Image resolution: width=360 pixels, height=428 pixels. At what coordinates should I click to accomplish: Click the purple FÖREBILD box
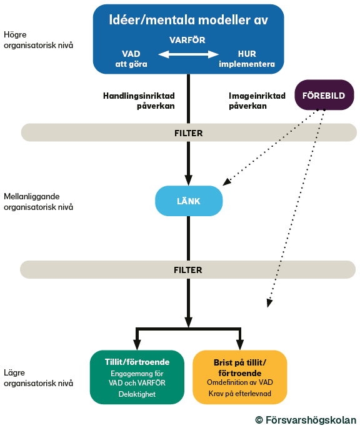pyautogui.click(x=324, y=95)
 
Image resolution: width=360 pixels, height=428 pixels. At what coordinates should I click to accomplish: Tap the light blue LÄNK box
pyautogui.click(x=189, y=201)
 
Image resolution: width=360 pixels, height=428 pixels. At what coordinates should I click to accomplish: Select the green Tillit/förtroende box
pyautogui.click(x=137, y=377)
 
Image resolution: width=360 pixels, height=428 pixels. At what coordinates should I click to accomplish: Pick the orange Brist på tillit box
pyautogui.click(x=240, y=377)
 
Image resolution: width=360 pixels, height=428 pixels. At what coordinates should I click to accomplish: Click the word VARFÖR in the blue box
pyautogui.click(x=187, y=40)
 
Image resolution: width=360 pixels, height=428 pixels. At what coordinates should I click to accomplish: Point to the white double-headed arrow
pyautogui.click(x=189, y=54)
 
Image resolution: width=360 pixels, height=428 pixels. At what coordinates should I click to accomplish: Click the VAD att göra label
pyautogui.click(x=131, y=59)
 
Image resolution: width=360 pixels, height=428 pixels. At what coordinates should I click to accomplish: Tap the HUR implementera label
pyautogui.click(x=247, y=59)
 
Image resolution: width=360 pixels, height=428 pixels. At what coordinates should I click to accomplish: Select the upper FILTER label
pyautogui.click(x=189, y=133)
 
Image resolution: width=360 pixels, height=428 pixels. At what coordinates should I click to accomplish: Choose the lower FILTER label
pyautogui.click(x=188, y=270)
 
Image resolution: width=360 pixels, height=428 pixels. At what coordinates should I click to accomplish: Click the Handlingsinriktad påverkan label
pyautogui.click(x=139, y=101)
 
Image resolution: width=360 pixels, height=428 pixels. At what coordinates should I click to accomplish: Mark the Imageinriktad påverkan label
pyautogui.click(x=257, y=101)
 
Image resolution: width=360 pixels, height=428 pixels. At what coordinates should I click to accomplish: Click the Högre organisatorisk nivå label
pyautogui.click(x=38, y=40)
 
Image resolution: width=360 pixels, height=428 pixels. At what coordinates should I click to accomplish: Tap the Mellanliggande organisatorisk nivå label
pyautogui.click(x=38, y=202)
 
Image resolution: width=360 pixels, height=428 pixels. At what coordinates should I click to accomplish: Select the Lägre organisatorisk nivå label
pyautogui.click(x=38, y=378)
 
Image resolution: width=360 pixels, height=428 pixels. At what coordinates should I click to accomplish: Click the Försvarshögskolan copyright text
pyautogui.click(x=306, y=420)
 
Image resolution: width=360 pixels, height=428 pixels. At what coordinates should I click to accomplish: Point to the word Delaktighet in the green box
pyautogui.click(x=137, y=394)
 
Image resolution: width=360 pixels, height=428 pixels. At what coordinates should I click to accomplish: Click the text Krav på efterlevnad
pyautogui.click(x=240, y=394)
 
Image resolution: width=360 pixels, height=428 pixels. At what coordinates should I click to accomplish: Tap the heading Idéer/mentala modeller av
pyautogui.click(x=189, y=20)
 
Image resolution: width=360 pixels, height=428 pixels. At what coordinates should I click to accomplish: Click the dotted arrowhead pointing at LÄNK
pyautogui.click(x=226, y=182)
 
